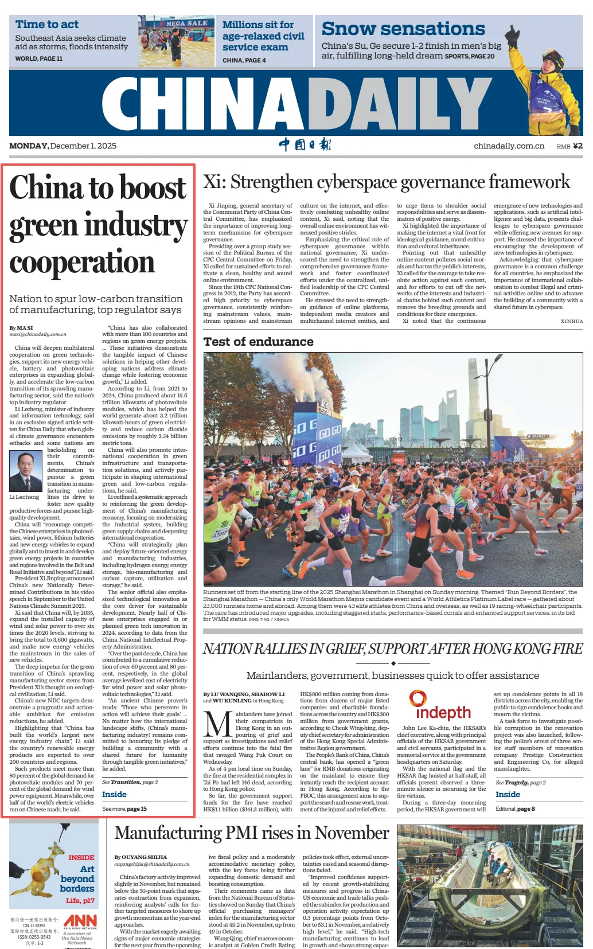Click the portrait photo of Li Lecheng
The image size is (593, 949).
pos(25,470)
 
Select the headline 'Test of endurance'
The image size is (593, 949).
pos(258,342)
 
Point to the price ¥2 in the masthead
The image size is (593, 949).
pos(577,146)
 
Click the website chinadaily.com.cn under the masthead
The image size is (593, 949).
pos(509,146)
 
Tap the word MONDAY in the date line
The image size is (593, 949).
pos(29,146)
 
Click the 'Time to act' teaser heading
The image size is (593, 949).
pos(47,25)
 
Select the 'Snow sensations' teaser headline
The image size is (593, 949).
pos(403,29)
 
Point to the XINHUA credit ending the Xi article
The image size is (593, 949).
pos(571,322)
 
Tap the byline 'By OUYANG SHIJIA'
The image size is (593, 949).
pos(141,857)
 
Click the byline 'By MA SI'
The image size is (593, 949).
pos(21,328)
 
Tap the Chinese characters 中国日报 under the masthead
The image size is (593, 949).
pos(305,145)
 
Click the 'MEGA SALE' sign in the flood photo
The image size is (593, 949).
pos(186,24)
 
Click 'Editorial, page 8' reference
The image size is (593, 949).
pos(515,809)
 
